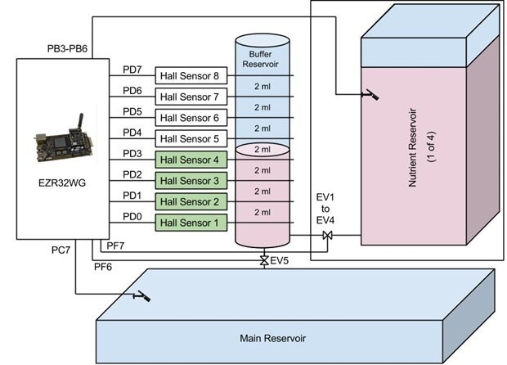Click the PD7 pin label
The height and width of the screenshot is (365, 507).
pyautogui.click(x=132, y=70)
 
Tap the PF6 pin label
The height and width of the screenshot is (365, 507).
pyautogui.click(x=104, y=267)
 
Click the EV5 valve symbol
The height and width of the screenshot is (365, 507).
pyautogui.click(x=263, y=260)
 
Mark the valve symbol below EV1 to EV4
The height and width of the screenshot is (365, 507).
pyautogui.click(x=327, y=236)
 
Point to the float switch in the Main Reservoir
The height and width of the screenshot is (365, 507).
pyautogui.click(x=141, y=295)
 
